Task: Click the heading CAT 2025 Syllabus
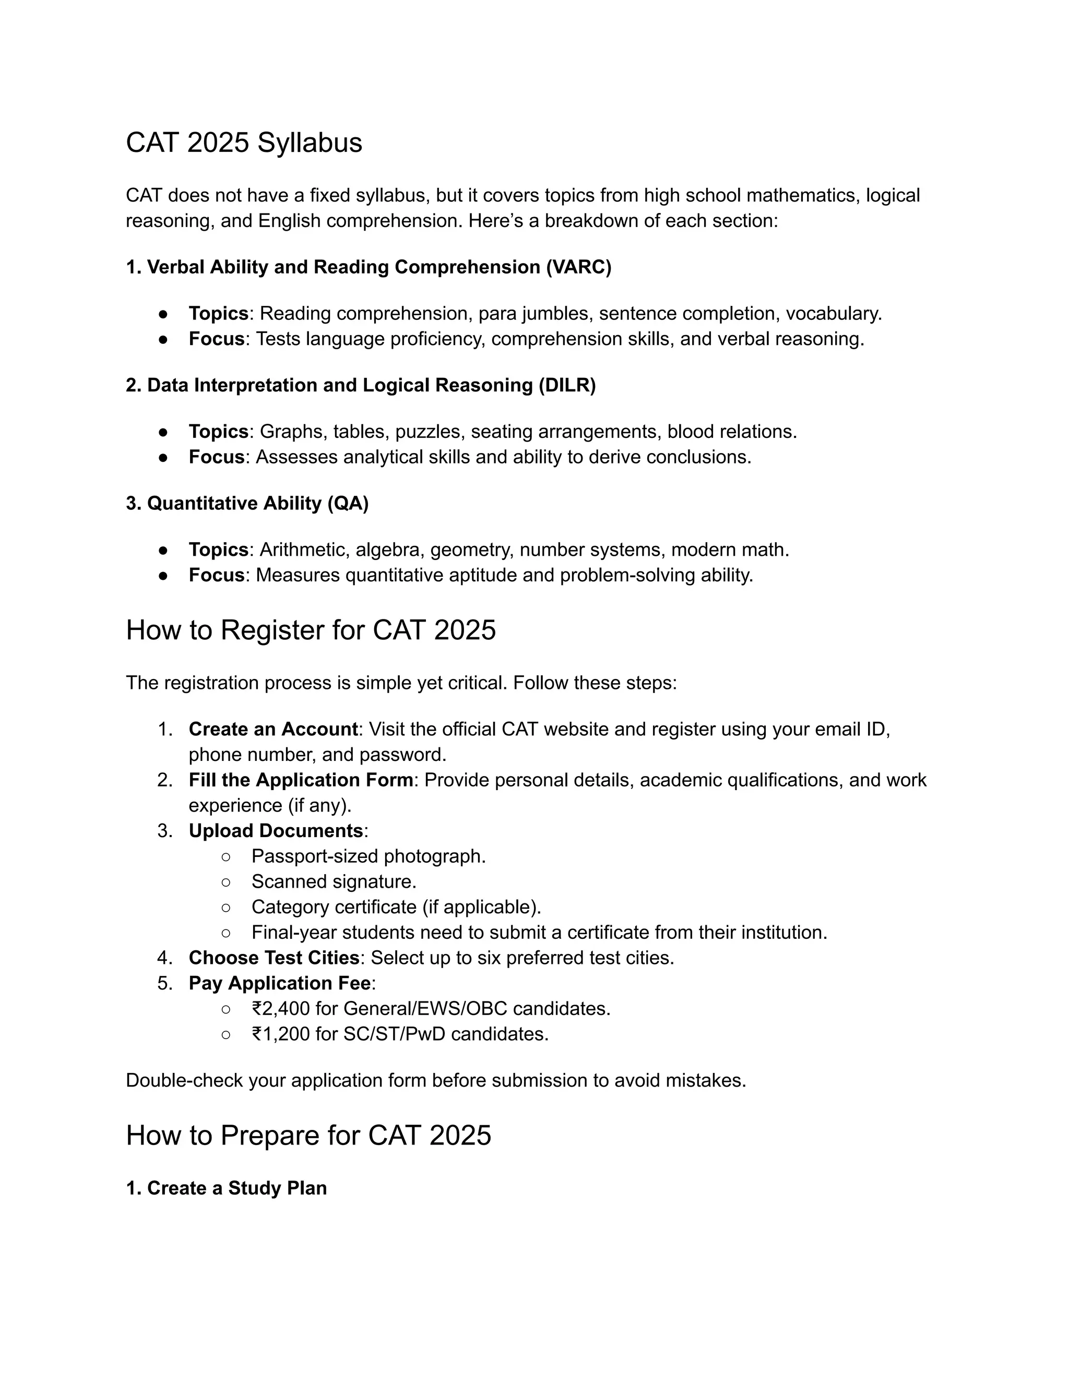coord(244,142)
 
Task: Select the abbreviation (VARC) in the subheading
coord(579,267)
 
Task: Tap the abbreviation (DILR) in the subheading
coord(567,385)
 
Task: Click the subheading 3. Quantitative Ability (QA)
coord(247,504)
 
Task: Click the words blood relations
coord(731,432)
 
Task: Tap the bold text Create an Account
coord(273,730)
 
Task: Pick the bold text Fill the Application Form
coord(300,780)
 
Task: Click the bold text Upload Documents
coord(276,831)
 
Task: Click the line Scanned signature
coord(334,881)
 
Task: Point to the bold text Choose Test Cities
coord(274,958)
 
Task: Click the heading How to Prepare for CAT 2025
coord(308,1136)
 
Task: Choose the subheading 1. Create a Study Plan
coord(226,1188)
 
